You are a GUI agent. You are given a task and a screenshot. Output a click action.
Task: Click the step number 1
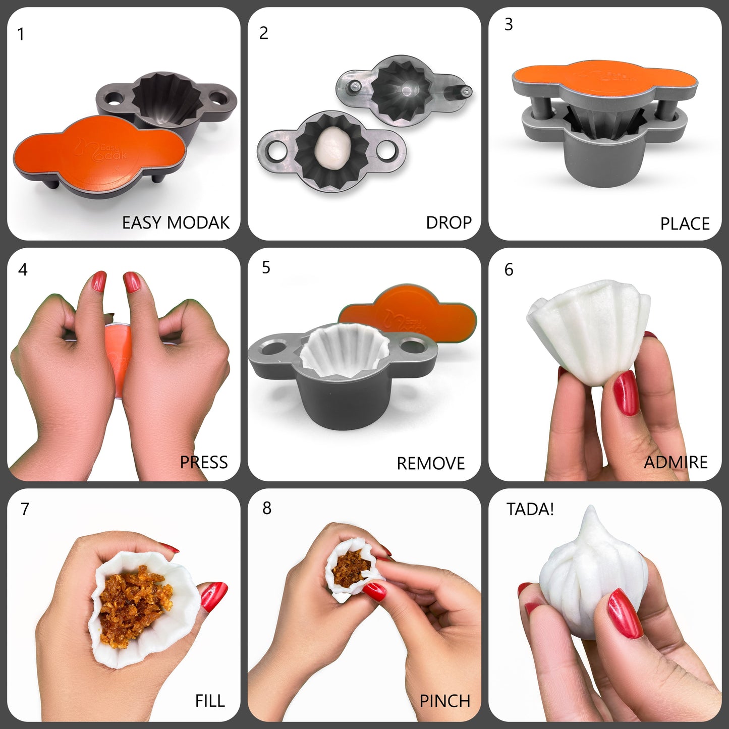21,34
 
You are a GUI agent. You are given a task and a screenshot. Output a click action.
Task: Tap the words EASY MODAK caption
176,222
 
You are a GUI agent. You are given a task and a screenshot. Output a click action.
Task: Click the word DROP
448,222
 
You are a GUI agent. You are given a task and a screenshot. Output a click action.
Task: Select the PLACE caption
685,223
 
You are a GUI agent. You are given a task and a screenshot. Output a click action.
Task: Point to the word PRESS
204,462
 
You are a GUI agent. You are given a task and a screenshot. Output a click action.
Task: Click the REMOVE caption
430,463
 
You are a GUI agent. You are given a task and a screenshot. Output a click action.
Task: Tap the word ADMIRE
676,462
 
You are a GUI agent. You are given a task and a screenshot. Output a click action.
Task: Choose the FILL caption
210,701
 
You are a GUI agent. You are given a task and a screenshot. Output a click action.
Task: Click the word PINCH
444,701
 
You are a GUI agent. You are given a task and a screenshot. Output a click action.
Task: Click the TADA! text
530,510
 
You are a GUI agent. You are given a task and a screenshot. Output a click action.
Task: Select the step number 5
266,268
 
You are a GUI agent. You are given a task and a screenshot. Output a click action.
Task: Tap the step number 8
267,508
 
